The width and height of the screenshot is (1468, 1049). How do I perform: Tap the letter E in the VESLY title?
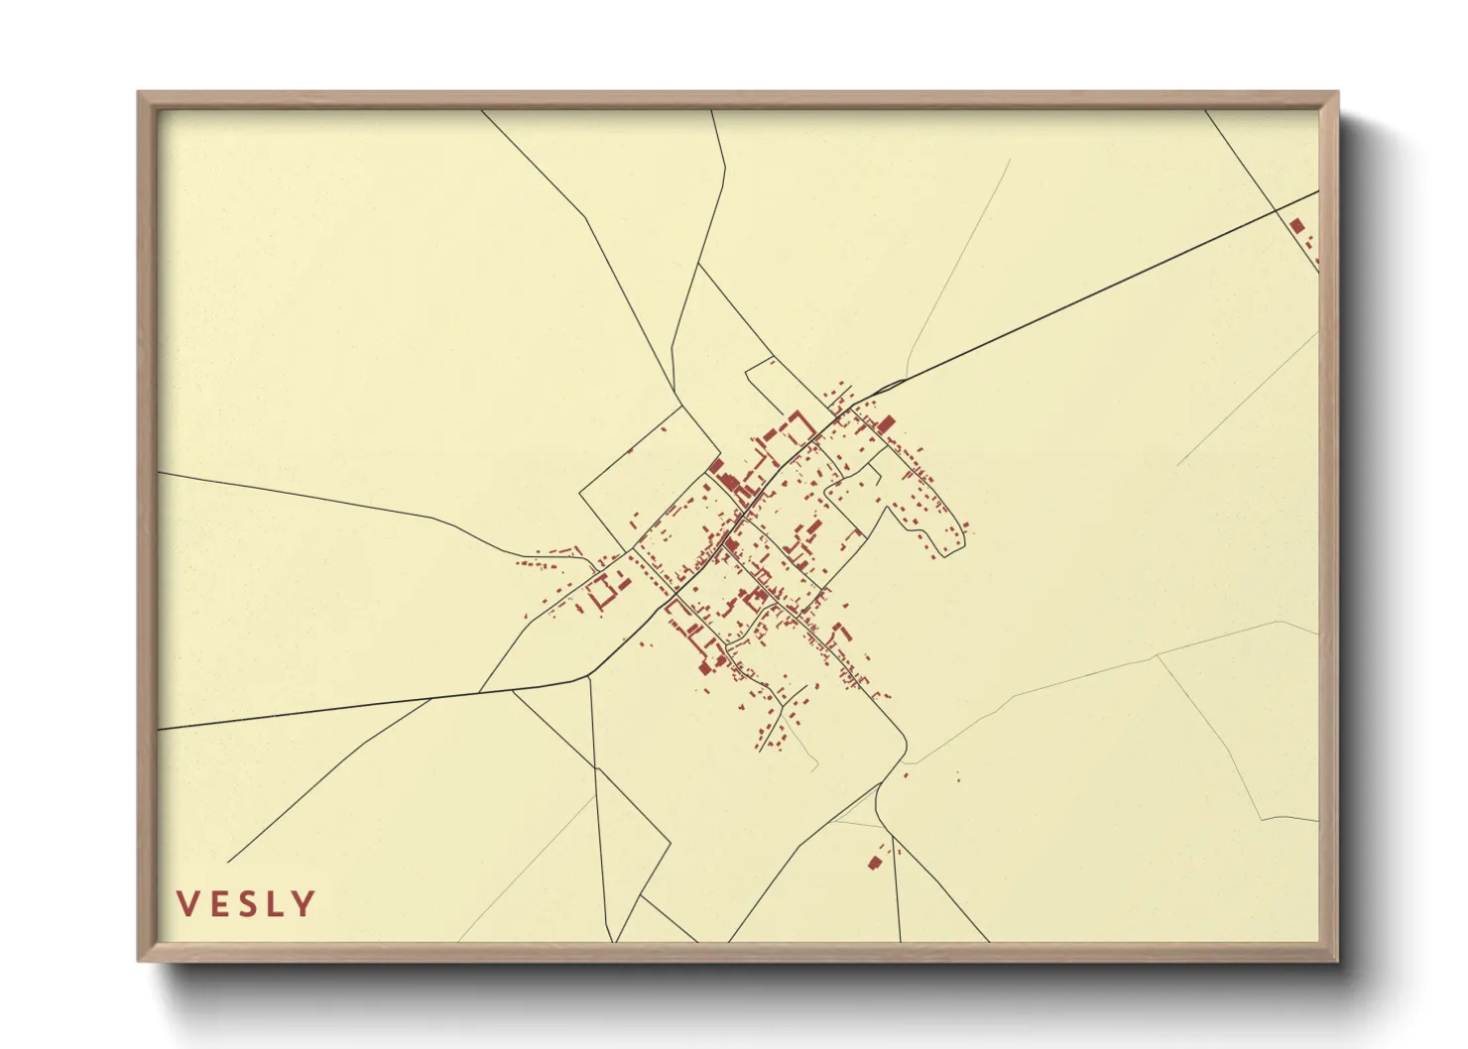(x=217, y=904)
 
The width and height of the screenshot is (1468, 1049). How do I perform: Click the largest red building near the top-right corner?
(x=1297, y=226)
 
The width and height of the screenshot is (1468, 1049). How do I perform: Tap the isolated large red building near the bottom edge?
(x=874, y=863)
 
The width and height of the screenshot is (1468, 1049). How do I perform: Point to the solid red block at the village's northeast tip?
(x=887, y=423)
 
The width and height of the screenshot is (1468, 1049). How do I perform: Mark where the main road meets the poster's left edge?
(x=160, y=729)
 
